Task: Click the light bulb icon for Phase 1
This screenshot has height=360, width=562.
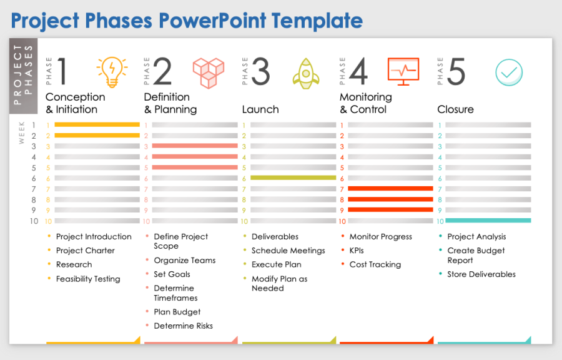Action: (x=112, y=72)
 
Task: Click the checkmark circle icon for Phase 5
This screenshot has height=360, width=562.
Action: (x=509, y=72)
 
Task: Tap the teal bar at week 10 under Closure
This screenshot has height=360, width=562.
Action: (x=488, y=221)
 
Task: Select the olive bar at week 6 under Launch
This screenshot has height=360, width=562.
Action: (x=293, y=178)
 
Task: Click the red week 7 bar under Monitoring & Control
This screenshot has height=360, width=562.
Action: (x=390, y=189)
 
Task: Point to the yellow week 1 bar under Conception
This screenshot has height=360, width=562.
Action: (x=97, y=125)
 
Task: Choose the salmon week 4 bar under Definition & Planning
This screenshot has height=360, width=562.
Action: (x=195, y=157)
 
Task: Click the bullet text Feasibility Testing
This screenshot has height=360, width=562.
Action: (x=88, y=279)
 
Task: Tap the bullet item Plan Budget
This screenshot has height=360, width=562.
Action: (x=177, y=312)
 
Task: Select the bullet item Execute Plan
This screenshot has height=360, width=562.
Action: (x=276, y=264)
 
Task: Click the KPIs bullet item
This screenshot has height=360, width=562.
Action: (x=357, y=251)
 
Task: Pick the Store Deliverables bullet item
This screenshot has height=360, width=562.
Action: (x=481, y=274)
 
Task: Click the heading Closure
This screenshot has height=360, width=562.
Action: (x=455, y=109)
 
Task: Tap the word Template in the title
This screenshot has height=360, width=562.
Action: (x=322, y=21)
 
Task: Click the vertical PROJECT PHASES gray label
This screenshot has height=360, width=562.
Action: (x=22, y=75)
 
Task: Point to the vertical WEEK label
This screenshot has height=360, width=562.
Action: (x=22, y=133)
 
